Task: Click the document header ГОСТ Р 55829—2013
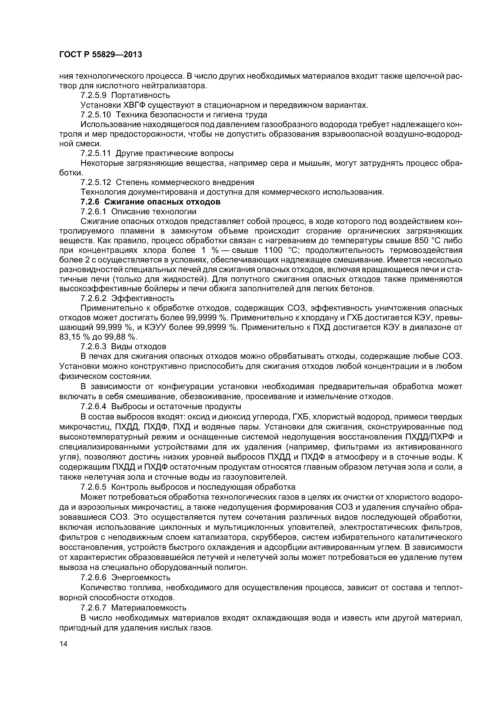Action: (100, 55)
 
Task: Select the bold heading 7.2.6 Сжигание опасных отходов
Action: (150, 202)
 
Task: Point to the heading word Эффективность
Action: (143, 298)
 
